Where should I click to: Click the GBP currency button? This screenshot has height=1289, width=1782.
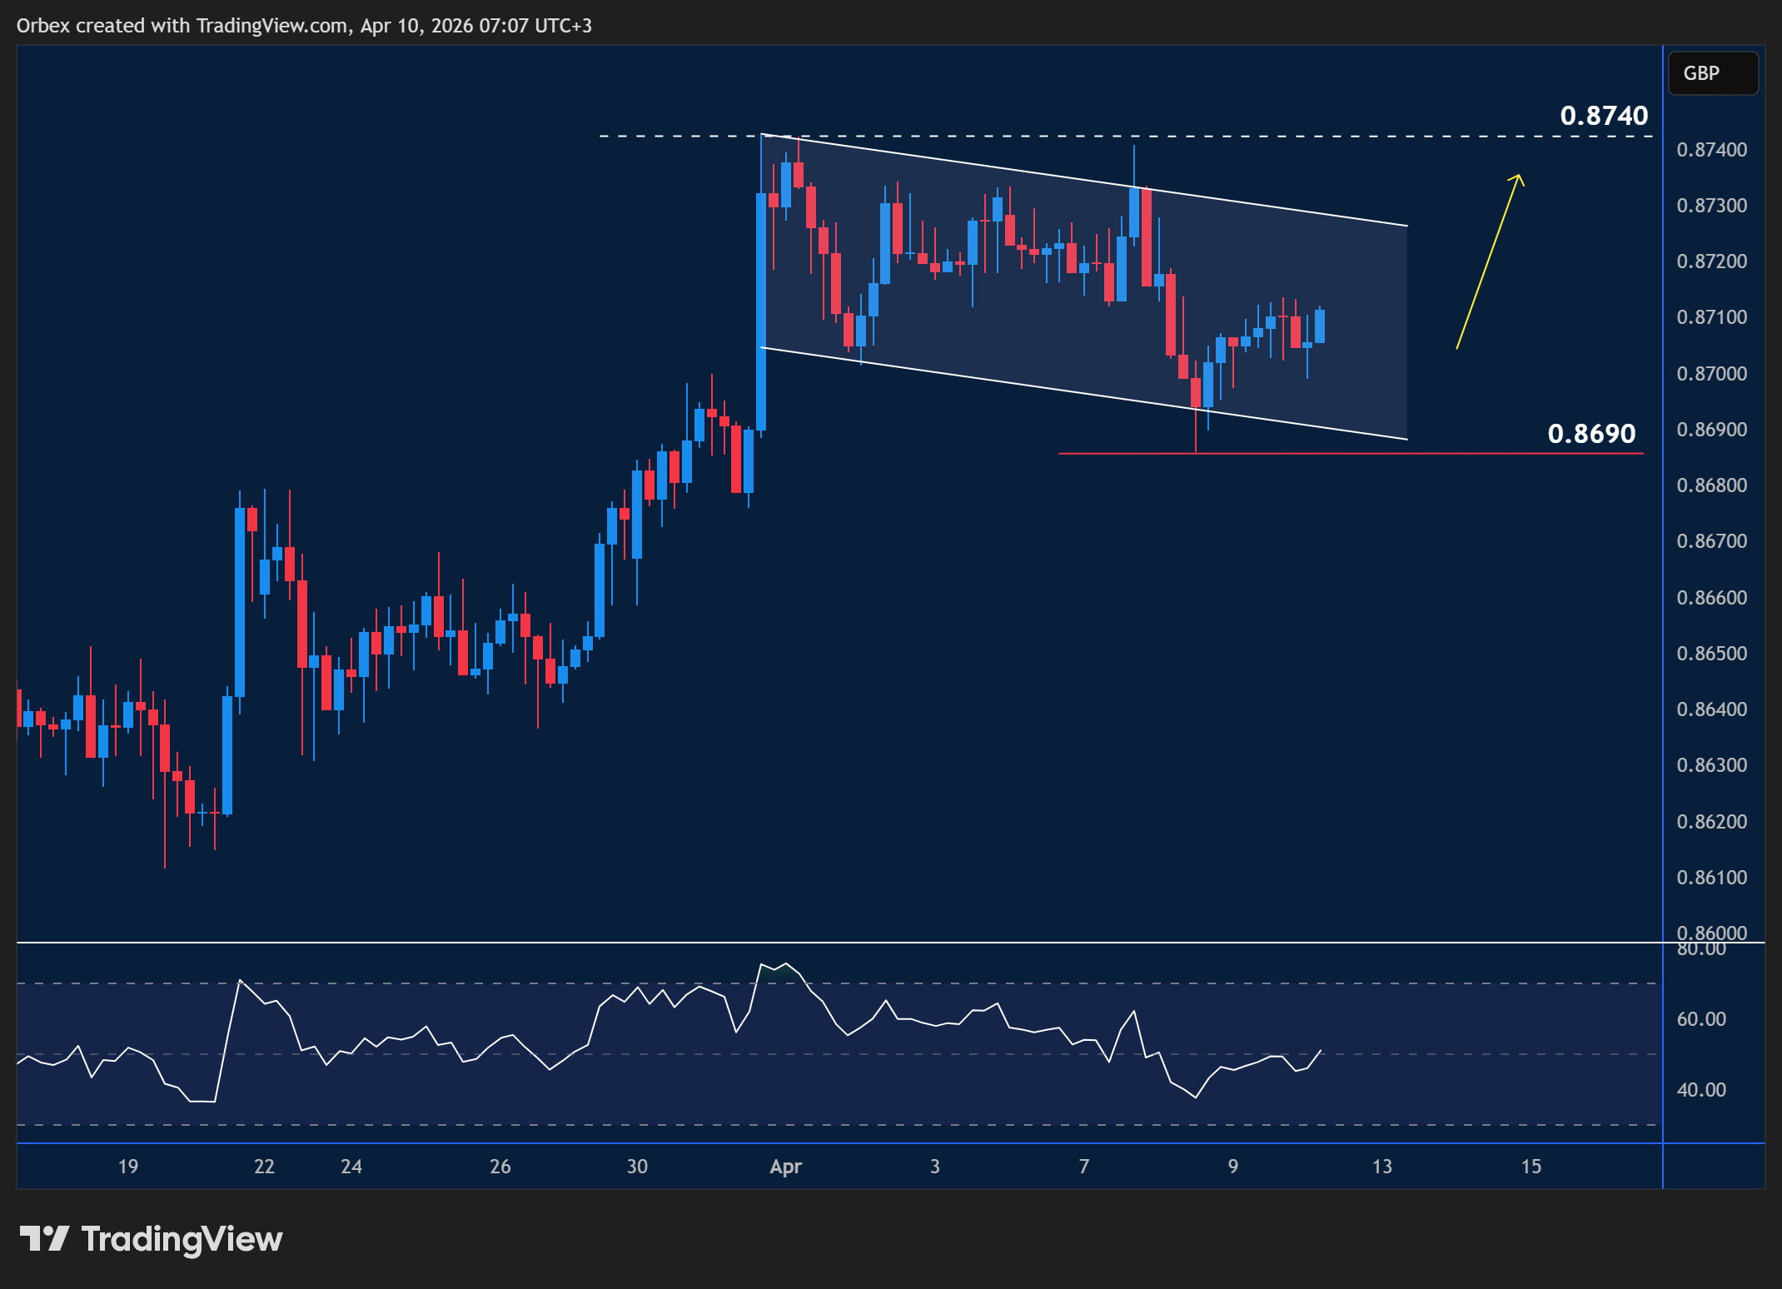(1712, 73)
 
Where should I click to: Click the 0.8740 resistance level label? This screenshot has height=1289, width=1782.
(1603, 116)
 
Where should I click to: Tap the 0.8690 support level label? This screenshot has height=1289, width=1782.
(1590, 434)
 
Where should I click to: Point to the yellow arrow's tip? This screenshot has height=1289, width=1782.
(1520, 175)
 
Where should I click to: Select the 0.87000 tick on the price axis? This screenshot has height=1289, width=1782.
(1711, 374)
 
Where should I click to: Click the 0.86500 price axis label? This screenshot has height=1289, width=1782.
(1711, 654)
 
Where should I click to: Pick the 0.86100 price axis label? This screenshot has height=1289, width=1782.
(1711, 878)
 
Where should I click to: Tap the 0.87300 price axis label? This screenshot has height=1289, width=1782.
(1711, 206)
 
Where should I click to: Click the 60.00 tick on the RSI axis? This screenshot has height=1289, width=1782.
(1700, 1019)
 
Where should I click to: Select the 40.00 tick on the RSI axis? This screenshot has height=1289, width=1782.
(1700, 1090)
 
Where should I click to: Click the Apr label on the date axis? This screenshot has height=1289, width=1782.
(785, 1167)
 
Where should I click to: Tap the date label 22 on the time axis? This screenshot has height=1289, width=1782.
(264, 1167)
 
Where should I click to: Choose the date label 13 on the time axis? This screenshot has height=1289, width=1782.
(1381, 1167)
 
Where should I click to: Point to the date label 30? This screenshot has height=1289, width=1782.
(637, 1167)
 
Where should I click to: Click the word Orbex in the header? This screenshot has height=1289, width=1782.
(43, 26)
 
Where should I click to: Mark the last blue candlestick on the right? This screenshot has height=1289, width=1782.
(1320, 326)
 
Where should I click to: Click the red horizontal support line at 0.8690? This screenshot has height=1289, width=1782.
(1349, 454)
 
